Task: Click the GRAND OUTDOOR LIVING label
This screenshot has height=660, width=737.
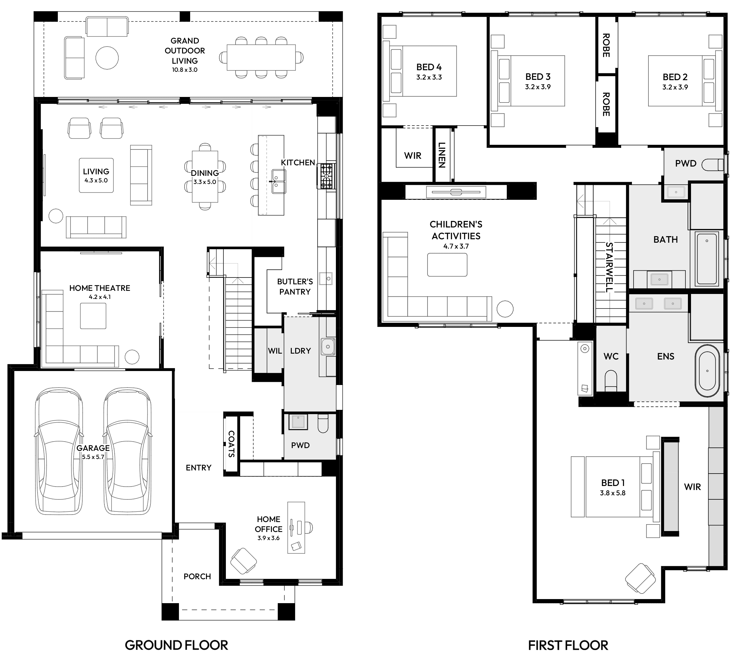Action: coord(185,51)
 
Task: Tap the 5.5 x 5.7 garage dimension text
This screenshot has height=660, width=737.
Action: coord(93,457)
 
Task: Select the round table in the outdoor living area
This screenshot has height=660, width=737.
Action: coord(107,58)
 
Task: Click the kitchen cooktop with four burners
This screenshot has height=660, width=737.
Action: coord(326,176)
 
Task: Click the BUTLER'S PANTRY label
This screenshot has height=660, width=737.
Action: coord(295,286)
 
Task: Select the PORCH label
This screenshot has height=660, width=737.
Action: coord(197,576)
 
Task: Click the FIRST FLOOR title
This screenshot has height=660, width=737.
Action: coord(568,645)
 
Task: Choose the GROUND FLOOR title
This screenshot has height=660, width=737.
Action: coord(176,645)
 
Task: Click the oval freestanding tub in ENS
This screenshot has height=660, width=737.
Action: coord(707,371)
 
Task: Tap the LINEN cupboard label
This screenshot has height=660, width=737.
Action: coord(442,155)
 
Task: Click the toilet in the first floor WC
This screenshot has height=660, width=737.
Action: coord(611,381)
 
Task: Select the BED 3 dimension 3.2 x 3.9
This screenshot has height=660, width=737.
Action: coord(538,87)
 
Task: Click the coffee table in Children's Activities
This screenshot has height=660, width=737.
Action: coord(447,265)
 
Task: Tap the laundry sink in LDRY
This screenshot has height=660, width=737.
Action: coord(328,347)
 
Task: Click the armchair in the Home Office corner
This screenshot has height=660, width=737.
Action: coord(244,561)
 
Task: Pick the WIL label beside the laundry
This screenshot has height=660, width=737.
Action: coord(275,351)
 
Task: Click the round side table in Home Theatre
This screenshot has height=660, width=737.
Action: coord(132,357)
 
